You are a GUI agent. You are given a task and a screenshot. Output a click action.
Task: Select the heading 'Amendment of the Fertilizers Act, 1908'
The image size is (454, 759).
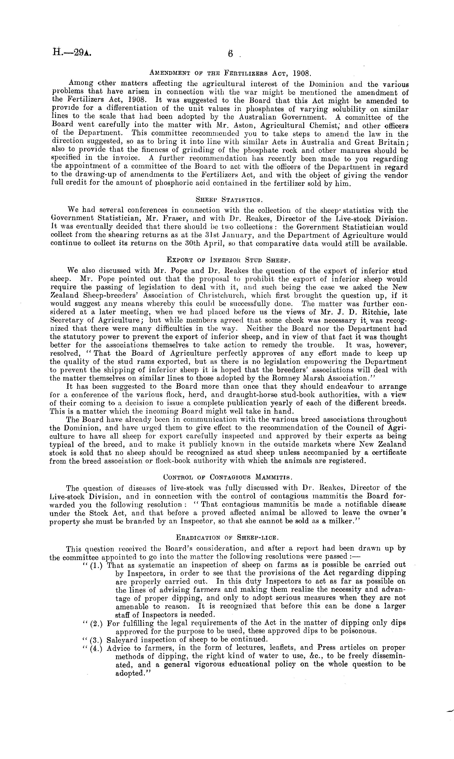pos(230,73)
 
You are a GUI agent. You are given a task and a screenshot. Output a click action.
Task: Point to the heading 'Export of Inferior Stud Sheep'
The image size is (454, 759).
pos(228,260)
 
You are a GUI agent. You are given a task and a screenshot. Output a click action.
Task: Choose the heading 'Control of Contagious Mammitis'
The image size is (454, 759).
pos(228,477)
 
